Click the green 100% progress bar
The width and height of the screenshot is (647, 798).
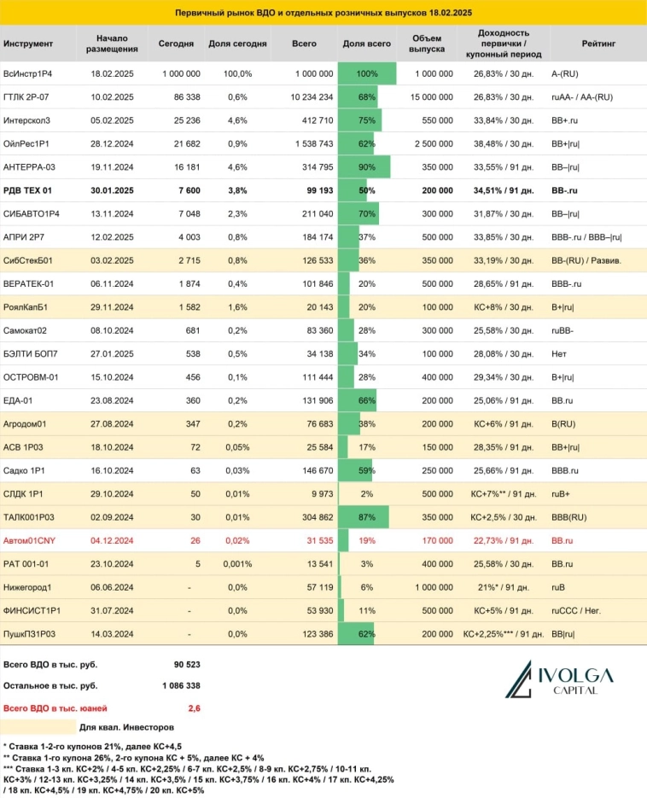point(367,74)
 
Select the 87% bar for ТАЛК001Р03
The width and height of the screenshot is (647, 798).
point(364,517)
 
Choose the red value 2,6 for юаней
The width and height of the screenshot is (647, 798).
point(193,708)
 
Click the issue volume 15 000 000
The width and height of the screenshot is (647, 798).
point(432,97)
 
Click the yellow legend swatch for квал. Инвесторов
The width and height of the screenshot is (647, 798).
point(38,727)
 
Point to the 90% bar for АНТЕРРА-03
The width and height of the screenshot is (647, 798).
point(364,167)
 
